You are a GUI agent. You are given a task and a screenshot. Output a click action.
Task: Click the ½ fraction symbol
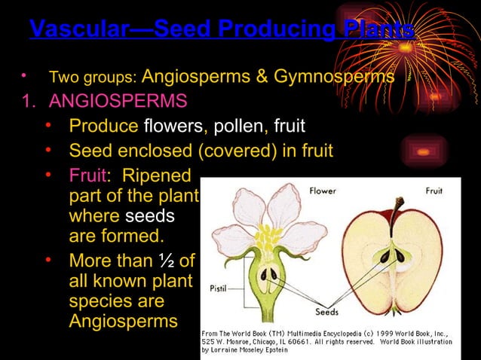click(167, 261)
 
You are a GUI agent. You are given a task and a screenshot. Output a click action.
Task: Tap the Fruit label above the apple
click(434, 191)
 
